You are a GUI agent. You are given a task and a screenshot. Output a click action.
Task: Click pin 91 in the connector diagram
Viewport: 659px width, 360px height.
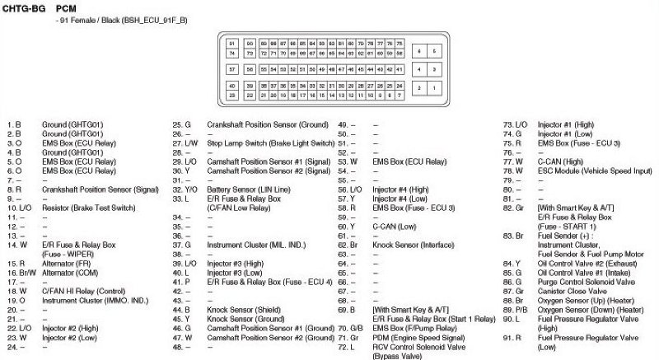(x=232, y=42)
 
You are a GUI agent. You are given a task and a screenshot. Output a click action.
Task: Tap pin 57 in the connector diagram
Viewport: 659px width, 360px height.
(x=232, y=69)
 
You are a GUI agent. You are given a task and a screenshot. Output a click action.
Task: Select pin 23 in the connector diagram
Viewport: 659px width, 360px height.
(x=232, y=96)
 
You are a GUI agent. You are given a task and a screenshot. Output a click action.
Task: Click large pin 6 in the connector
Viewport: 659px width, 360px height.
(x=418, y=50)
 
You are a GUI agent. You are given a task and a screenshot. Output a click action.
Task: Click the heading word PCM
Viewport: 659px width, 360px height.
(x=66, y=7)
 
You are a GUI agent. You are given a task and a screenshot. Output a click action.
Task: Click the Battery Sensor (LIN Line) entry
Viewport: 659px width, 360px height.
(x=248, y=189)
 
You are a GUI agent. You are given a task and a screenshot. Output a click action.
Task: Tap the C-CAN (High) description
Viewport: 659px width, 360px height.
(x=562, y=161)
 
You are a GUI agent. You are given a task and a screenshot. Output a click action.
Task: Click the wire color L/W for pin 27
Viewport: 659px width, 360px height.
(x=191, y=143)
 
